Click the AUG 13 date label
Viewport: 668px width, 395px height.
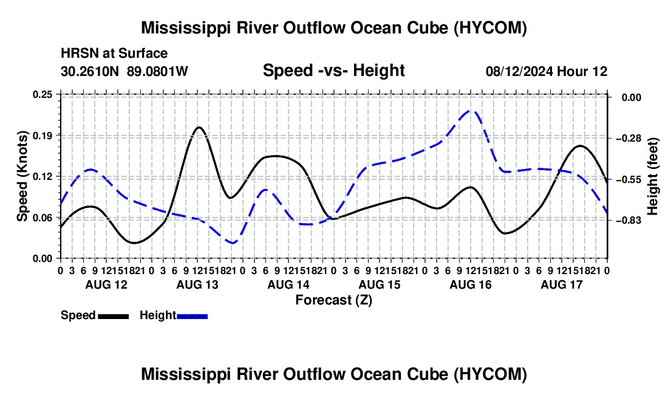197,284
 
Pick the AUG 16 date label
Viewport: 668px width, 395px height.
471,284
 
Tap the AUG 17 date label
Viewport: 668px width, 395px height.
562,284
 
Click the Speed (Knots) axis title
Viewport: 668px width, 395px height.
22,176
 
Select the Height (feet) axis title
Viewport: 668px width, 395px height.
653,176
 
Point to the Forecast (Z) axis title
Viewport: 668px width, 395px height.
334,300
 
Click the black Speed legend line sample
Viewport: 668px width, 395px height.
114,317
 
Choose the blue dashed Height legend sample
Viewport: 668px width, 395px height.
192,317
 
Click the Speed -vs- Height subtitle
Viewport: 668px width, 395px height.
333,70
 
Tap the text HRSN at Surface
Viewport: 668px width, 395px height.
114,53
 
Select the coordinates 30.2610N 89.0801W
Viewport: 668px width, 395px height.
124,71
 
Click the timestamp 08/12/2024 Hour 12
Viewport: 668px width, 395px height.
547,71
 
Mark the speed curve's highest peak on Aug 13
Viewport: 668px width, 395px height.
199,127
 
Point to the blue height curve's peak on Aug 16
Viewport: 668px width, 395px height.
471,110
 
